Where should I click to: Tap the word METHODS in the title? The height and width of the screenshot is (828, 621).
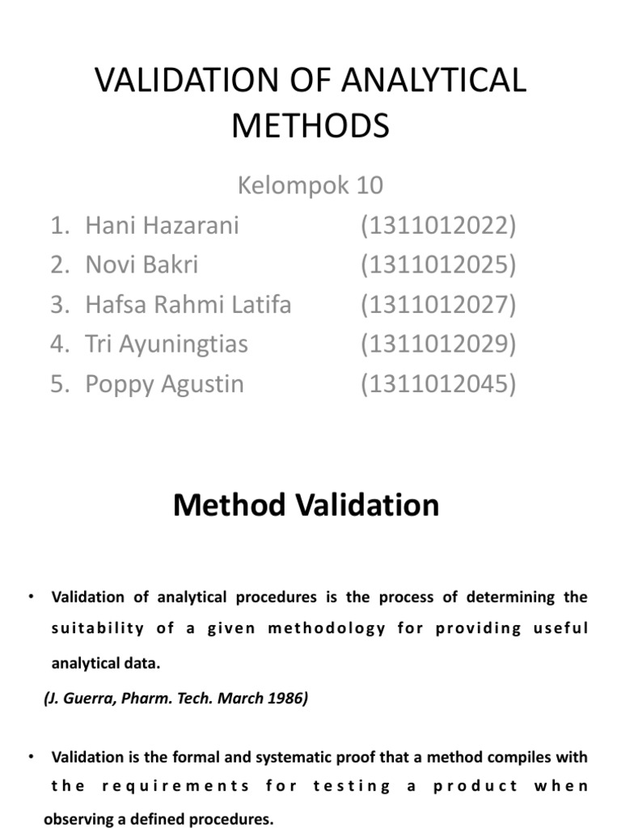(x=310, y=126)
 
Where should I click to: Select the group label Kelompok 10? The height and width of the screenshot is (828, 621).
(x=310, y=186)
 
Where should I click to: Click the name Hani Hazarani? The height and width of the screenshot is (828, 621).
(x=162, y=225)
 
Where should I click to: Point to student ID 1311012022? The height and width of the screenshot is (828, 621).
(x=437, y=225)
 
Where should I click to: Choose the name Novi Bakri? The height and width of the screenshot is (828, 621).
(x=142, y=264)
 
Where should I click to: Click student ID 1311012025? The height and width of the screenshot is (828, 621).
(x=437, y=264)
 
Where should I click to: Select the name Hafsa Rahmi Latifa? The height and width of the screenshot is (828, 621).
(x=188, y=305)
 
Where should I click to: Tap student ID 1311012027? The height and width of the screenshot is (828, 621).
(x=437, y=305)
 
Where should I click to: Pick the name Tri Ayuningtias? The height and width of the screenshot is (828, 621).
(x=167, y=344)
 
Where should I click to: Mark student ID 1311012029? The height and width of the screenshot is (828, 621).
(x=437, y=344)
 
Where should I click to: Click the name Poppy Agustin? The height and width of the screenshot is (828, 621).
(x=164, y=384)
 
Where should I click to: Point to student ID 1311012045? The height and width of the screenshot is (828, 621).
(x=437, y=384)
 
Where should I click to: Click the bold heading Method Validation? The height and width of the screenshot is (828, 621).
(x=306, y=505)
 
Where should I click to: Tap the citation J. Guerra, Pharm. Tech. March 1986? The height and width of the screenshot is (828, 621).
(x=176, y=699)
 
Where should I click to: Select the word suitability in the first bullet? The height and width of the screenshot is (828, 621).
(x=97, y=628)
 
